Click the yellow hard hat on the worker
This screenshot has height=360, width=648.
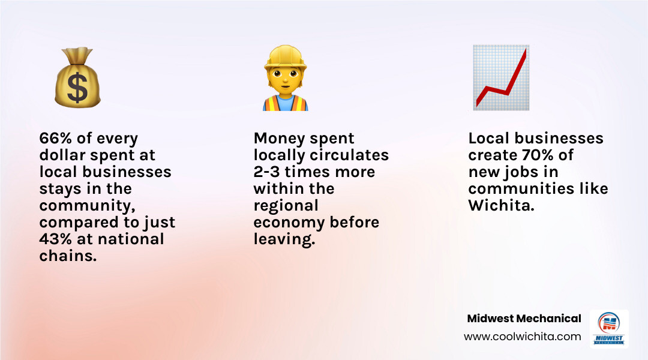click(x=285, y=58)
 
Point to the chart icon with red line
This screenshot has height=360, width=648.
click(x=501, y=78)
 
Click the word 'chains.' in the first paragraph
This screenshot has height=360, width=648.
click(x=67, y=256)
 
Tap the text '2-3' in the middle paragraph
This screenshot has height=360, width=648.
click(x=266, y=172)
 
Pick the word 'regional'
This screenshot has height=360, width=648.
click(x=286, y=205)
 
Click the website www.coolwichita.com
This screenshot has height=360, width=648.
click(x=522, y=337)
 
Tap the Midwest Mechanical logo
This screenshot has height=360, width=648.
click(x=609, y=329)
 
